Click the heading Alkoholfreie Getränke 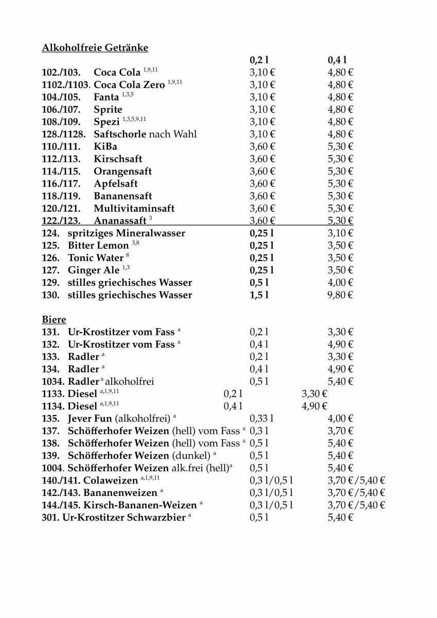pos(95,48)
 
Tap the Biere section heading pos(54,320)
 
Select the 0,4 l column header pos(337,60)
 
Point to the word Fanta pos(106,97)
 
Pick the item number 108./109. pos(61,122)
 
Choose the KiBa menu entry pos(105,147)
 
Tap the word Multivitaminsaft pos(134,209)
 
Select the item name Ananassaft pos(120,221)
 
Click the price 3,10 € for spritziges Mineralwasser pos(340,233)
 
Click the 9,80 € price pos(340,295)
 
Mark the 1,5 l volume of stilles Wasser pos(259,295)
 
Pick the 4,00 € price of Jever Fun pos(340,419)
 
